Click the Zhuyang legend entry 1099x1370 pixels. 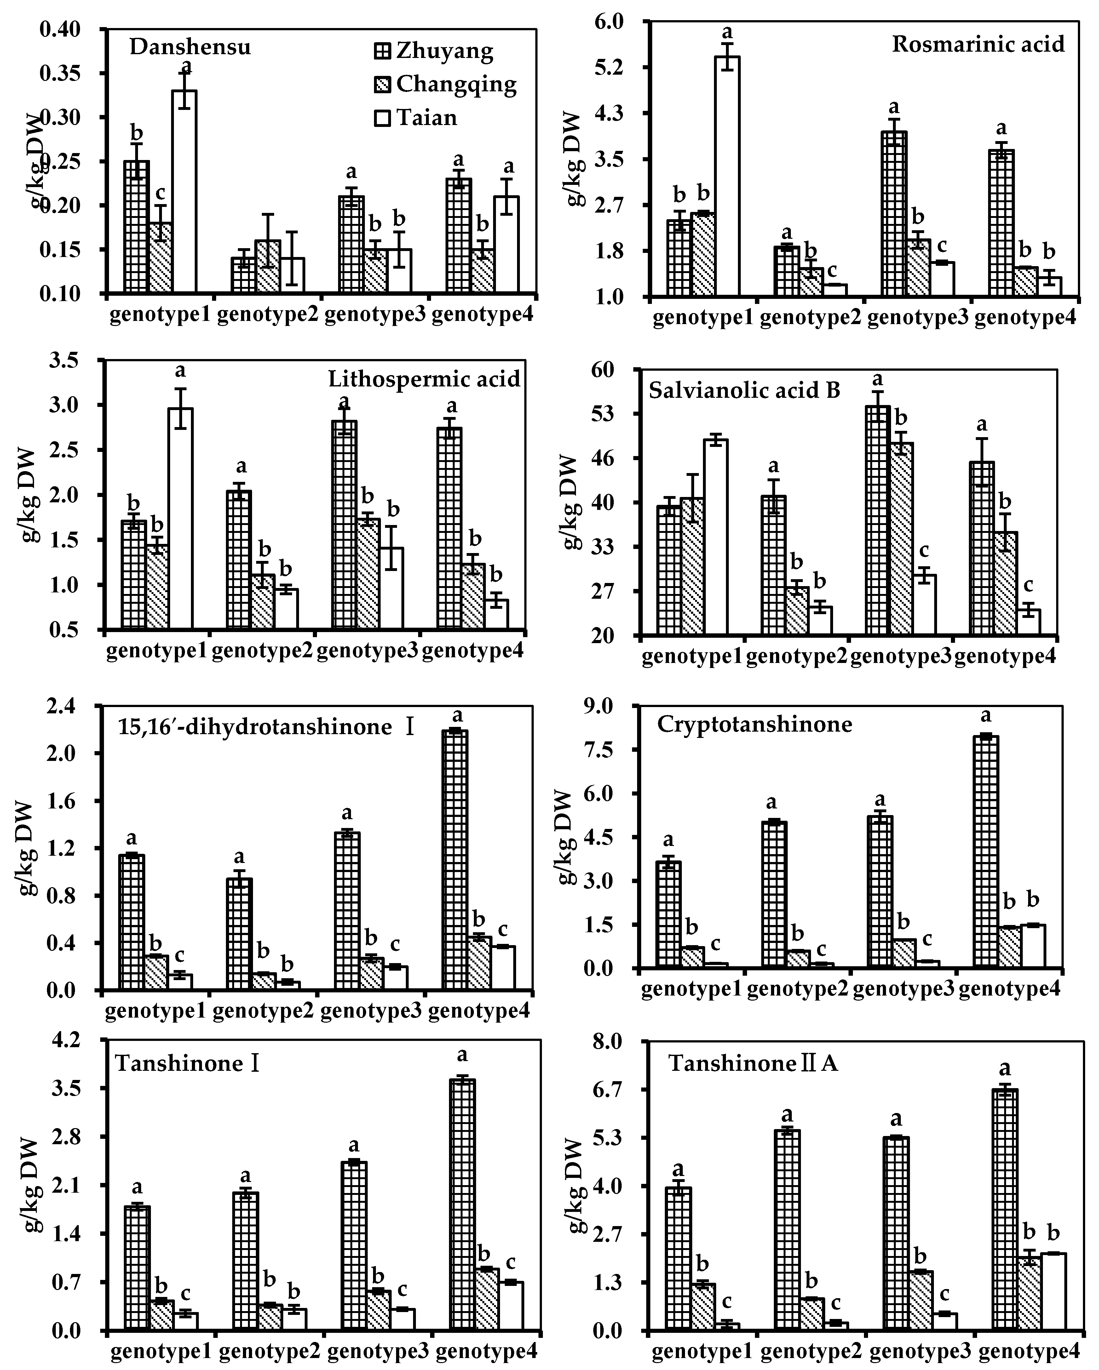[434, 51]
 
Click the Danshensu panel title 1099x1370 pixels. [190, 47]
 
